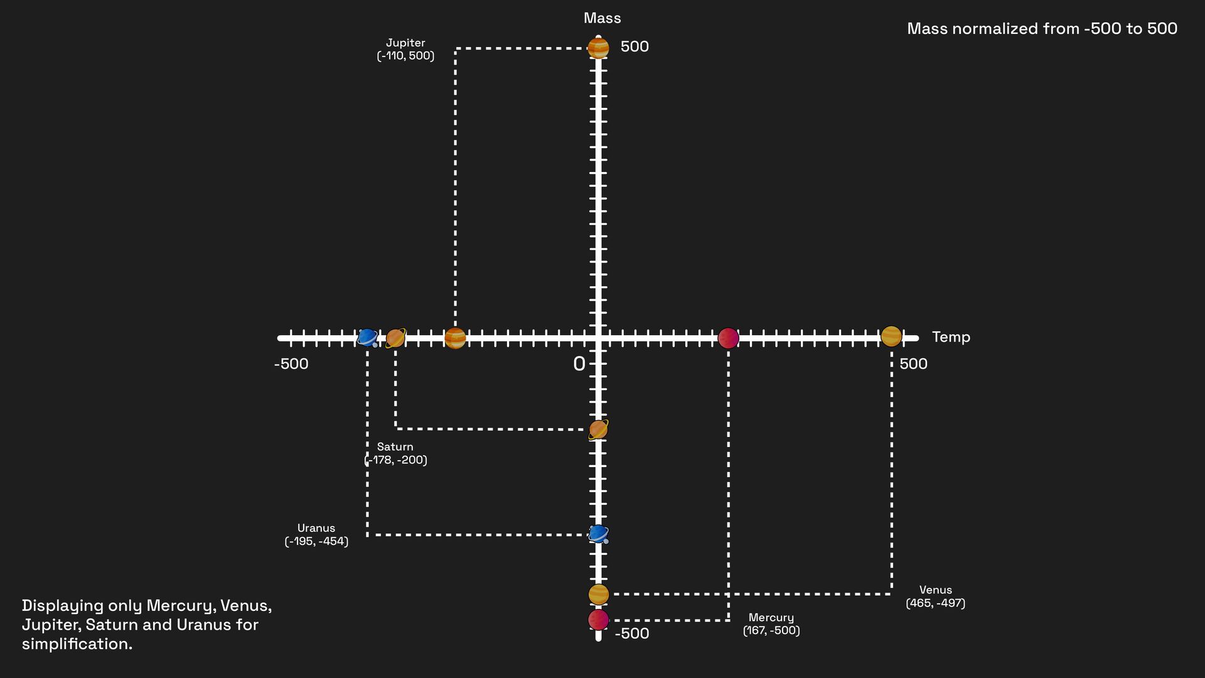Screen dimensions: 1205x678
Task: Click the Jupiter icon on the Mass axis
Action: (598, 48)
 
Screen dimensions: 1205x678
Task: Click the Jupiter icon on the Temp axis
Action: (455, 338)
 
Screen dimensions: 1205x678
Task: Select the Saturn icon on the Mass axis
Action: (598, 429)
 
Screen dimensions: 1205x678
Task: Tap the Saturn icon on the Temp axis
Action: (395, 338)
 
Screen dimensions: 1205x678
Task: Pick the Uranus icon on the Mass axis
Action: (598, 534)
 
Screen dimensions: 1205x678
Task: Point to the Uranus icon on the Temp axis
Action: (367, 338)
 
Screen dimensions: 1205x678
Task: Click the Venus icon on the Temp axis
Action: (891, 336)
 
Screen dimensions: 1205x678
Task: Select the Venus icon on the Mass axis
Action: (598, 594)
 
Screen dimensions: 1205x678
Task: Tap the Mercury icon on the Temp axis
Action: (728, 338)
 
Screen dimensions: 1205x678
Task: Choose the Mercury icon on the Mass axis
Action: (598, 620)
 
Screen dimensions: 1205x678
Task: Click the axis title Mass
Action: (602, 18)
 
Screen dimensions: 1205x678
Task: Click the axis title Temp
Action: (951, 337)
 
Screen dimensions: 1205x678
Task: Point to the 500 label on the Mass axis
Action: (635, 46)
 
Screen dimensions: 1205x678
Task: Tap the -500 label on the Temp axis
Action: (291, 364)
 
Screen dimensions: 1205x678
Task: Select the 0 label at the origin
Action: (579, 364)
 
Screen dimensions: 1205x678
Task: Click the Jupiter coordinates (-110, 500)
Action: (405, 56)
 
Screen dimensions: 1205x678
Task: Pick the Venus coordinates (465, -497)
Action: (935, 603)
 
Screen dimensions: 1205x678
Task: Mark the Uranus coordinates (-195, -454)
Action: (316, 541)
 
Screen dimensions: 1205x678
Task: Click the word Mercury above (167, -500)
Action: (771, 618)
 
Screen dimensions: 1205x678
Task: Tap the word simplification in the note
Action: (77, 644)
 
